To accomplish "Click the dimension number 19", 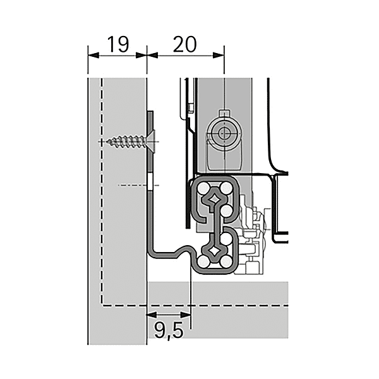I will (117, 44).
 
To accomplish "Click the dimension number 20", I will (183, 44).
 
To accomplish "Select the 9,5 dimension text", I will (168, 329).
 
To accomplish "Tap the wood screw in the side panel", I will (126, 140).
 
